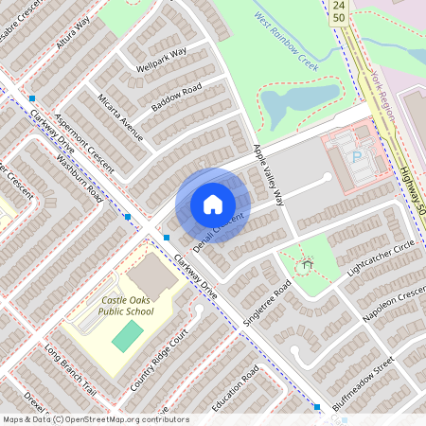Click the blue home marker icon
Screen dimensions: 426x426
[x=213, y=204]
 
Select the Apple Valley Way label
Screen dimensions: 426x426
[x=268, y=176]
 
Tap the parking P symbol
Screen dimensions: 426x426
[x=357, y=156]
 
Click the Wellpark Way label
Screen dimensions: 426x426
[x=161, y=59]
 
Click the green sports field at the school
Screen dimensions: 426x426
[x=128, y=334]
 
